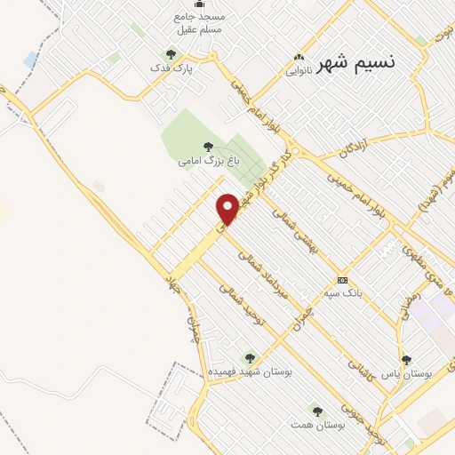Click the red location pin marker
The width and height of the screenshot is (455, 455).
coord(227,209)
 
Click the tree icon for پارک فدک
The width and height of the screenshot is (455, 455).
coord(172,55)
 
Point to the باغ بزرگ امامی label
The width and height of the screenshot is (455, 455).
coord(209,162)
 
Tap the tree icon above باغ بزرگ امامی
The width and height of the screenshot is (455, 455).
coord(209,147)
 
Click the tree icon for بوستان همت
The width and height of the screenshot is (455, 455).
coord(316,410)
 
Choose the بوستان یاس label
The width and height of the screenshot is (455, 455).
coord(407,375)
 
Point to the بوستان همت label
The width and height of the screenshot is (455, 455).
coord(316,425)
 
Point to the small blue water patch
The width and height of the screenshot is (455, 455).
coord(31,60)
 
